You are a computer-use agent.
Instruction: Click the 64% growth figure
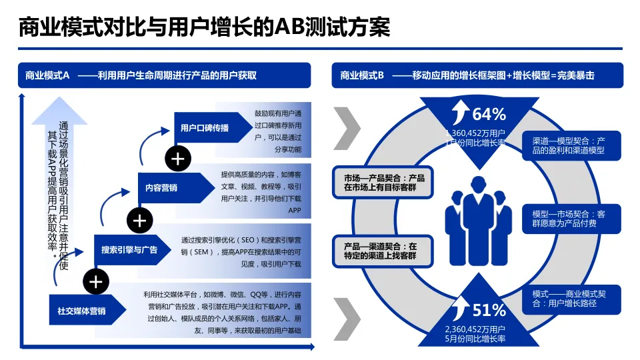(489, 114)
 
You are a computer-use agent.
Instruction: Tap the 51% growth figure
(489, 310)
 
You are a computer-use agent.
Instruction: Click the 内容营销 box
(162, 187)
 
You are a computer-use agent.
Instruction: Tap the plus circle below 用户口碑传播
(178, 159)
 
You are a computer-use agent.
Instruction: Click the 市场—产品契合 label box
(384, 183)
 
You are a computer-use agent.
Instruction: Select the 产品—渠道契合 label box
(384, 251)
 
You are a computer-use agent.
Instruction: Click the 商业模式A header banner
(164, 75)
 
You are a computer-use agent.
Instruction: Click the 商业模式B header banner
(477, 75)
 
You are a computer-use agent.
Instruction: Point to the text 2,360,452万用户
(475, 329)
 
